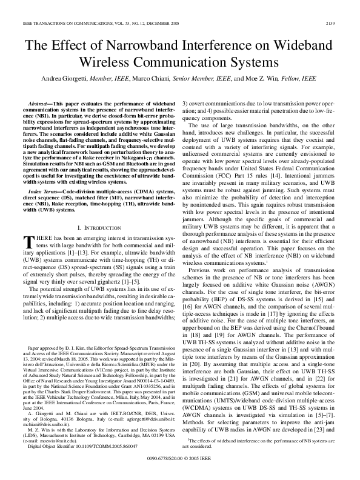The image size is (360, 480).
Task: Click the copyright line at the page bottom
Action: (x=180, y=468)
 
